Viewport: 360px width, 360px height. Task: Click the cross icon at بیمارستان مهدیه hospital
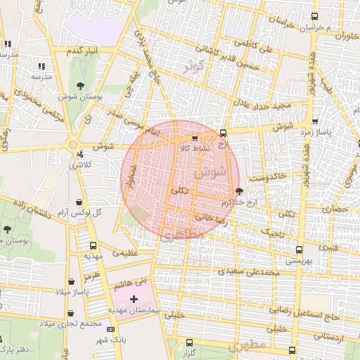pos(134,299)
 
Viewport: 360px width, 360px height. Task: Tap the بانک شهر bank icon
pos(110,329)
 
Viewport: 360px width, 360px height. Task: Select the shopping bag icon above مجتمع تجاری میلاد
pos(71,314)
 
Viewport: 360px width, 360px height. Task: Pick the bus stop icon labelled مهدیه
pos(93,245)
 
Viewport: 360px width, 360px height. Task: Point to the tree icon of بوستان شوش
pos(78,85)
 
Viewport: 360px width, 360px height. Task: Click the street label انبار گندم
pos(83,51)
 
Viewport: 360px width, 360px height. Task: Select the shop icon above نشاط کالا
pos(194,139)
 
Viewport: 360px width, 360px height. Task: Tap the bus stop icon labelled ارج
pos(223,133)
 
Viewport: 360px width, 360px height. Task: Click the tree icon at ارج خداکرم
pos(239,191)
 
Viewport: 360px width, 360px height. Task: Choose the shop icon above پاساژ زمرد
pos(314,121)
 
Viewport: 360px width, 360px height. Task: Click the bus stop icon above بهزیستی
pos(300,250)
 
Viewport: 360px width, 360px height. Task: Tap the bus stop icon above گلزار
pos(188,342)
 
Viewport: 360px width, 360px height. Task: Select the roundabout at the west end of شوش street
pos(72,146)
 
